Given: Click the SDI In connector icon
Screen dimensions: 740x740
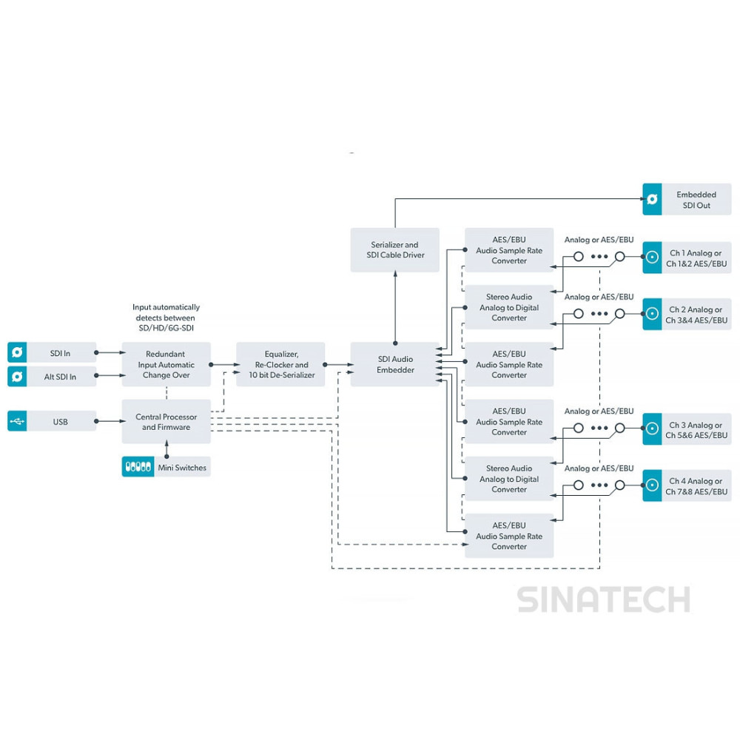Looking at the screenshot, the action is point(17,352).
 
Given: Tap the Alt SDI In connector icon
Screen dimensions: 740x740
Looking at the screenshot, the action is point(17,377).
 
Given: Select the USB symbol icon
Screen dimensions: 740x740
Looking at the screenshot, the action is point(17,421).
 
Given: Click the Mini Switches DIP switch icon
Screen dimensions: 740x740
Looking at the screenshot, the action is point(138,467).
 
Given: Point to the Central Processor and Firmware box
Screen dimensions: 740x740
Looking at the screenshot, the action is point(166,422).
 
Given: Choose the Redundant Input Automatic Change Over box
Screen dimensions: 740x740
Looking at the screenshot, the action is point(166,364).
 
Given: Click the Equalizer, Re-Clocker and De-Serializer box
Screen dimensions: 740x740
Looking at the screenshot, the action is point(280,364).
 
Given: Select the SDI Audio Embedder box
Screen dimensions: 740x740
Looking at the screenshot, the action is point(395,364).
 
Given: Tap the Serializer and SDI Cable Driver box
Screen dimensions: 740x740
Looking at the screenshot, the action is point(395,250).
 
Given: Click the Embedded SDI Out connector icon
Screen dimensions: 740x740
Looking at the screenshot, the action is point(652,199).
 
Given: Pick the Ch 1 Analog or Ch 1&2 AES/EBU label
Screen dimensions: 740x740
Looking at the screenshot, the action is point(696,258).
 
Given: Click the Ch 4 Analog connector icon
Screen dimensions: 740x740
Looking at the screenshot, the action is point(652,485).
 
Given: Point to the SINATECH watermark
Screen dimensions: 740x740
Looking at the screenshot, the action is point(604,599).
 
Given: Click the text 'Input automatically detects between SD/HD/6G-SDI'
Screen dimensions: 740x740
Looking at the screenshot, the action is point(166,317).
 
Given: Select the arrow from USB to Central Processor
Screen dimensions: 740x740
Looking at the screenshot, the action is point(111,421).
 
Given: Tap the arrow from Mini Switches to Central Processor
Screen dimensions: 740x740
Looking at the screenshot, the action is point(166,449).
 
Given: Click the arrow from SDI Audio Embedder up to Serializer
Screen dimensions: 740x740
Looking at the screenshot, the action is point(395,307).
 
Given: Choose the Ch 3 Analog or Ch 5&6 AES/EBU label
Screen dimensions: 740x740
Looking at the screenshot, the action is point(696,430).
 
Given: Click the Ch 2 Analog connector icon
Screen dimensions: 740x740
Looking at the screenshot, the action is point(652,313).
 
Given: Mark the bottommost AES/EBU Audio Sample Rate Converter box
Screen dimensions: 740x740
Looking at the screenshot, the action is point(509,536).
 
